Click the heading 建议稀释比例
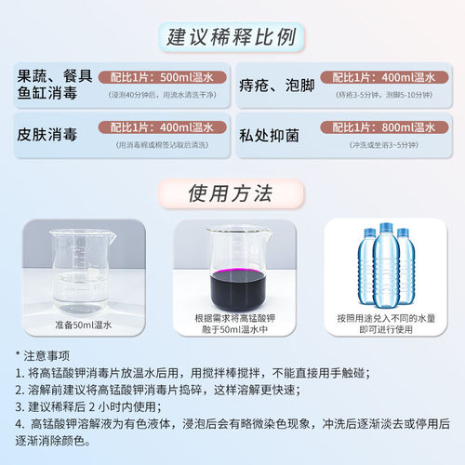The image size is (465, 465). click(x=232, y=38)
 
